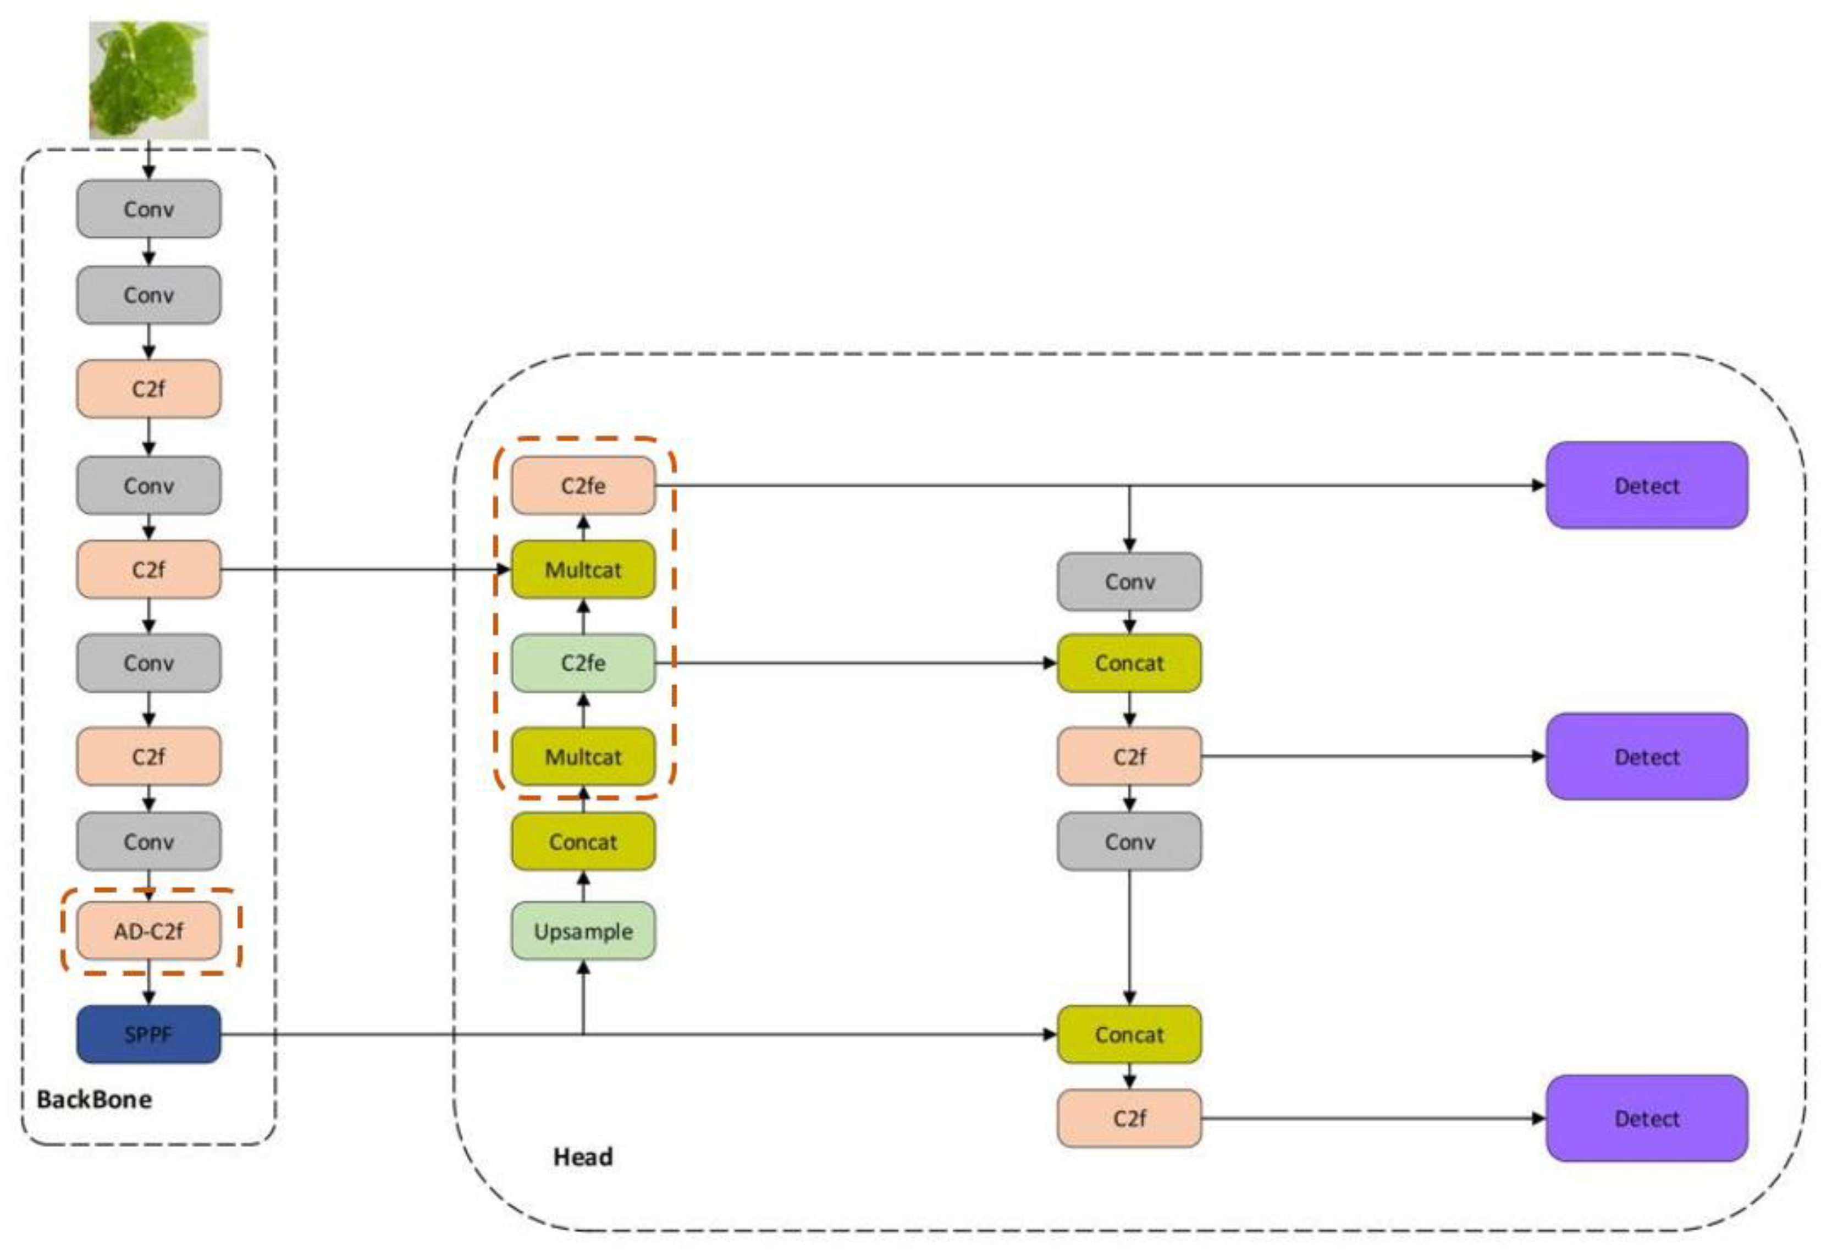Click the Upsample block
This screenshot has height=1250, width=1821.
point(583,931)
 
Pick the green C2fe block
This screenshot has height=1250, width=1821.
point(583,663)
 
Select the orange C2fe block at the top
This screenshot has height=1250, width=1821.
point(583,486)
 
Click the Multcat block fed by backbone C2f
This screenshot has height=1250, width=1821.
point(583,570)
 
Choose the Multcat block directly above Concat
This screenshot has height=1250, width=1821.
point(583,757)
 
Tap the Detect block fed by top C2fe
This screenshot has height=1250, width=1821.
point(1646,486)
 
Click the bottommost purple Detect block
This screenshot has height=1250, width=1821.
point(1646,1119)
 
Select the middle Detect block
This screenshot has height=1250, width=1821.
point(1646,757)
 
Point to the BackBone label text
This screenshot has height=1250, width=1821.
point(94,1099)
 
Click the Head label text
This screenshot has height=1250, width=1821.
point(583,1157)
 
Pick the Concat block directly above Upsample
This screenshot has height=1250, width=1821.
point(583,842)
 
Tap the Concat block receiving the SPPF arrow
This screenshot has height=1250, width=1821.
point(1129,1034)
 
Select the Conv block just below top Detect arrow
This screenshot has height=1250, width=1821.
point(1129,581)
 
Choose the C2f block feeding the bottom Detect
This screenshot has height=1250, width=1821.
point(1129,1119)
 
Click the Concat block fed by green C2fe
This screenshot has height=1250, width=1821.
point(1129,663)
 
